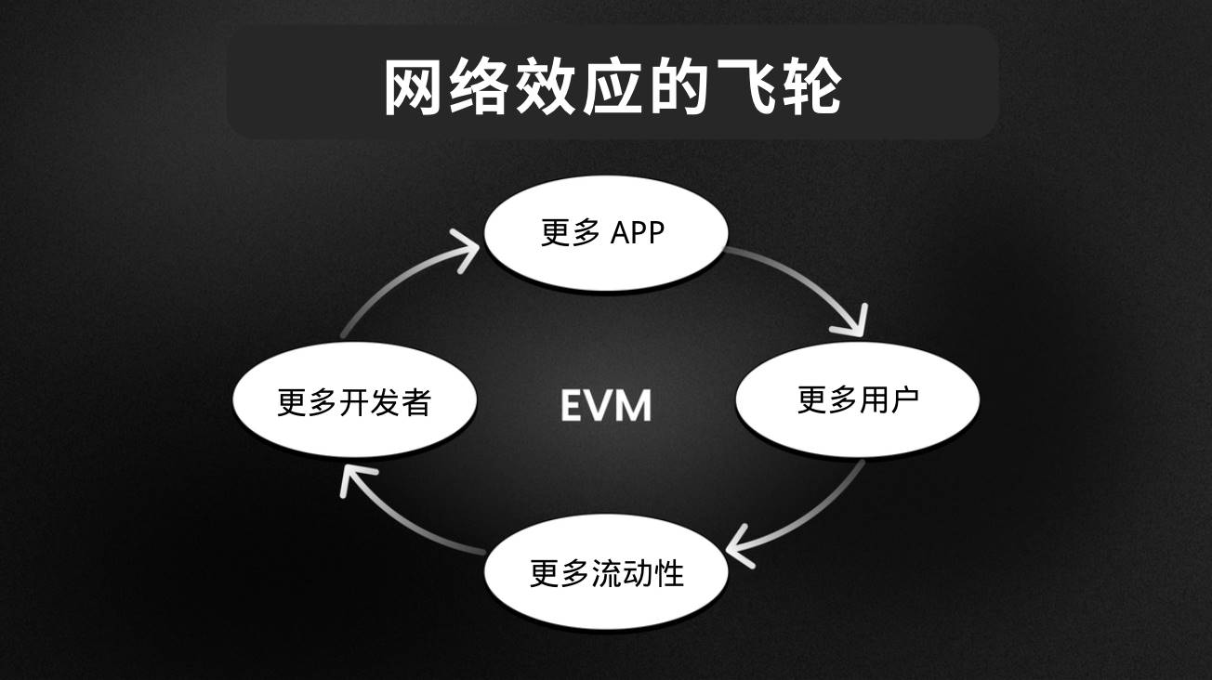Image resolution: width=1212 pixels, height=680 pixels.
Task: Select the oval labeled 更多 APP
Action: point(604,232)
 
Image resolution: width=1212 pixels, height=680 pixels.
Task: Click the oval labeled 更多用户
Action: point(858,400)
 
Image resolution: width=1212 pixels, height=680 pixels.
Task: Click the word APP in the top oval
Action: point(638,232)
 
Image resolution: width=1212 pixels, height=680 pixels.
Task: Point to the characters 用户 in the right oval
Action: point(889,400)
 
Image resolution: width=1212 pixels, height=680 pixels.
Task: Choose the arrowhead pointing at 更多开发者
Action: point(354,477)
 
